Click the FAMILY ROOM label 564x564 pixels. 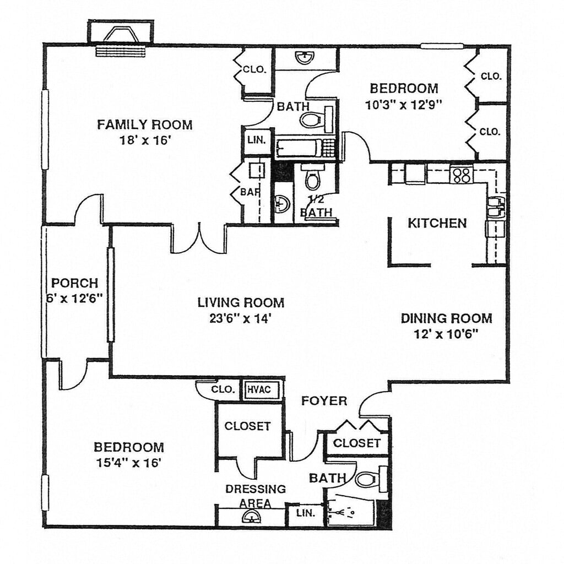[x=145, y=124]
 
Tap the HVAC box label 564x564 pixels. [x=258, y=389]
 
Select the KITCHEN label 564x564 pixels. [x=437, y=223]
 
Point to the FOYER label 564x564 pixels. [x=324, y=401]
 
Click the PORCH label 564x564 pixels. [x=74, y=284]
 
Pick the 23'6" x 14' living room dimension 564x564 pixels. [x=241, y=318]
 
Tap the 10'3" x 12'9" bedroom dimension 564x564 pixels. [x=404, y=104]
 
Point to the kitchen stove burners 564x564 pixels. [x=461, y=175]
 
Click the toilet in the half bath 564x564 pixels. [x=313, y=178]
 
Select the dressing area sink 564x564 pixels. [x=252, y=518]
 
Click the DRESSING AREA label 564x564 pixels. [x=256, y=496]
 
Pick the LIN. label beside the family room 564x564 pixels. [x=257, y=140]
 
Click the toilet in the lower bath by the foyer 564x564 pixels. [x=367, y=479]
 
